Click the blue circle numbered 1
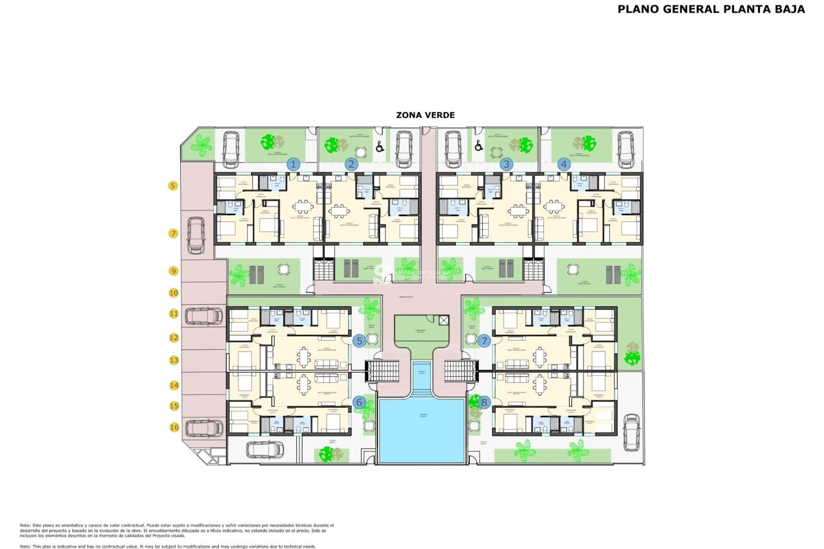[x=294, y=164]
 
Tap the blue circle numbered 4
[x=564, y=164]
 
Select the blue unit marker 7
[x=484, y=341]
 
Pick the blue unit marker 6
[x=359, y=402]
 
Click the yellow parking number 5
[x=173, y=186]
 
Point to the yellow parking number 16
[x=174, y=427]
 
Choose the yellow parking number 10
[x=173, y=293]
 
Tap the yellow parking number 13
[x=174, y=360]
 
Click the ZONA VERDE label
[x=425, y=115]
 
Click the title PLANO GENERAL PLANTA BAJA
[x=711, y=9]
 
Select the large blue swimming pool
[x=421, y=430]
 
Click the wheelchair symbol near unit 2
[x=380, y=147]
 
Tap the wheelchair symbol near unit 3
[x=479, y=146]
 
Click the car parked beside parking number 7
[x=196, y=235]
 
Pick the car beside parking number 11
[x=204, y=316]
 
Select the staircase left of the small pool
[x=382, y=371]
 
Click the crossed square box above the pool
[x=444, y=320]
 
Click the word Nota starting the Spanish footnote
[x=25, y=525]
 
